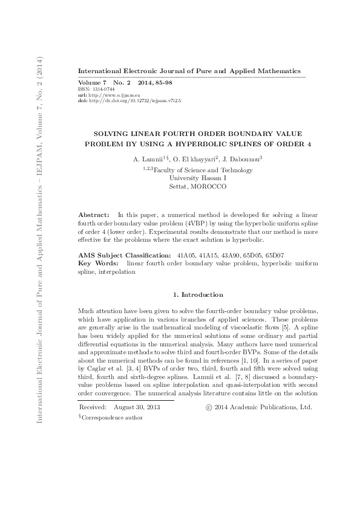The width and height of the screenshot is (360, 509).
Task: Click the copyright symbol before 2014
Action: coord(209,391)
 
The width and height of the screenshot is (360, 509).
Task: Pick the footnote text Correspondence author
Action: coord(113,400)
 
